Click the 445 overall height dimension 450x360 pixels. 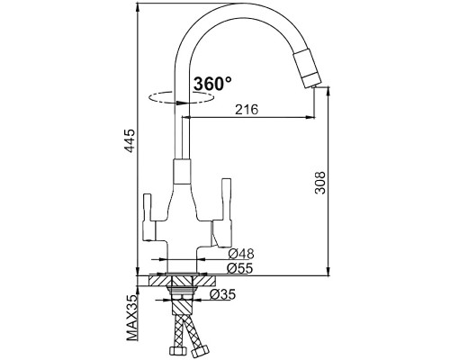coord(130,141)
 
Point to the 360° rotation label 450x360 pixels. coord(213,83)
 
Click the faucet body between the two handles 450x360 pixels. coord(184,216)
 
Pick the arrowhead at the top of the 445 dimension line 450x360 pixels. coord(139,12)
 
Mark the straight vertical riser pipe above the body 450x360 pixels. coord(184,135)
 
